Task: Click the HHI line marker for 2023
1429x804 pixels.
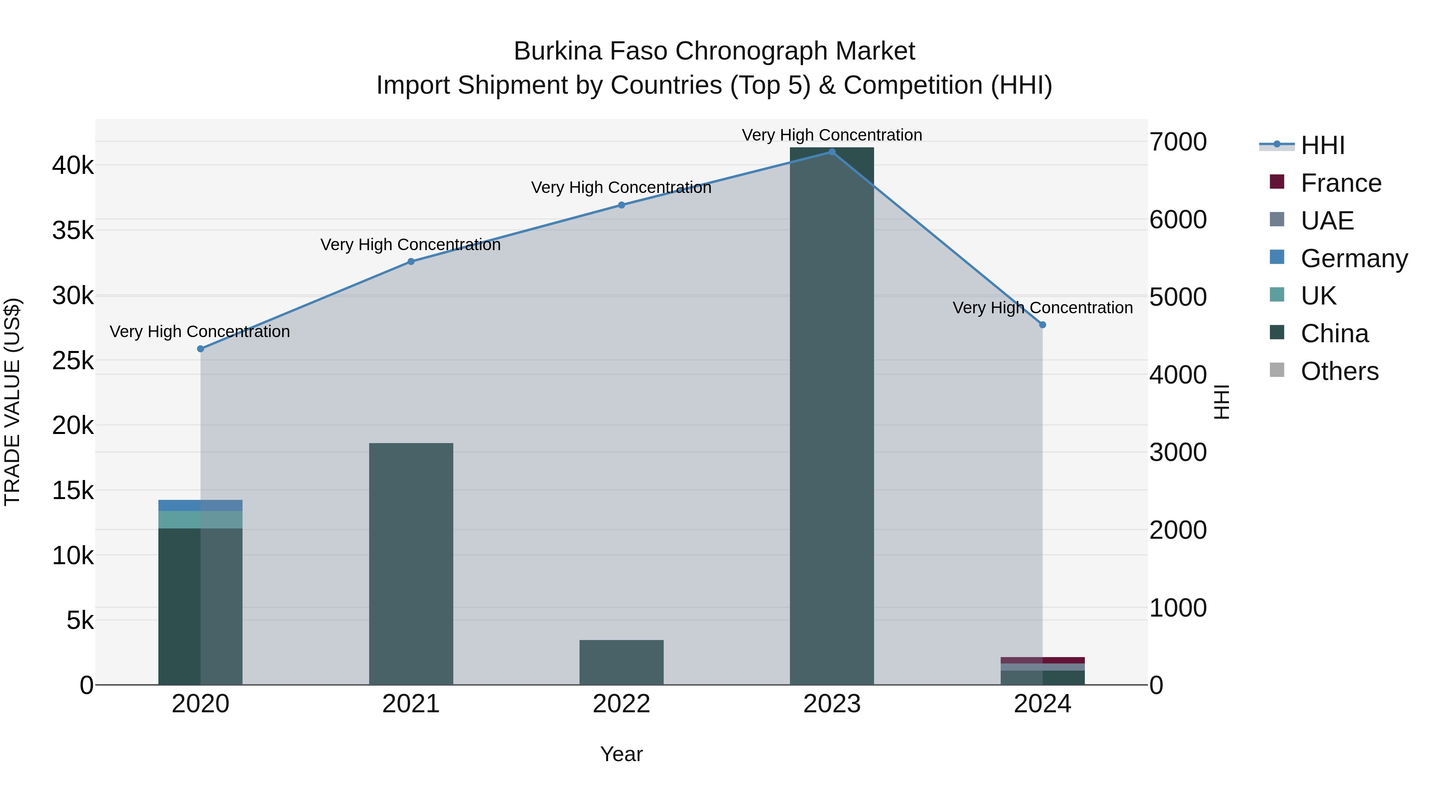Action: pyautogui.click(x=832, y=152)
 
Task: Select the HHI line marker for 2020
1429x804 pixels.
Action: pyautogui.click(x=201, y=349)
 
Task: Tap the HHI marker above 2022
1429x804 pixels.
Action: pyautogui.click(x=621, y=205)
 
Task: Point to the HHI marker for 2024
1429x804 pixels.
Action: pyautogui.click(x=1042, y=325)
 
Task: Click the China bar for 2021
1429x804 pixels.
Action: pyautogui.click(x=411, y=563)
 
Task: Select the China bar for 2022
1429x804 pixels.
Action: pyautogui.click(x=621, y=663)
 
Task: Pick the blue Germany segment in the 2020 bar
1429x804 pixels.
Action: pyautogui.click(x=200, y=505)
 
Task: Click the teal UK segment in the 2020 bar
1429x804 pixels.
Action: pyautogui.click(x=200, y=520)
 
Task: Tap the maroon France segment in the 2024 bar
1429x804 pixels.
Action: pyautogui.click(x=1042, y=660)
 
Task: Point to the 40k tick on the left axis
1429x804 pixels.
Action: pyautogui.click(x=73, y=165)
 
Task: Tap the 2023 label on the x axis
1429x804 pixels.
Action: pyautogui.click(x=832, y=704)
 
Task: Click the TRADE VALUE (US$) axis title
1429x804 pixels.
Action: pyautogui.click(x=12, y=402)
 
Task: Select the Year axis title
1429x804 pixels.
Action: pyautogui.click(x=621, y=754)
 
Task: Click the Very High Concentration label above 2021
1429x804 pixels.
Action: pyautogui.click(x=410, y=245)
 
